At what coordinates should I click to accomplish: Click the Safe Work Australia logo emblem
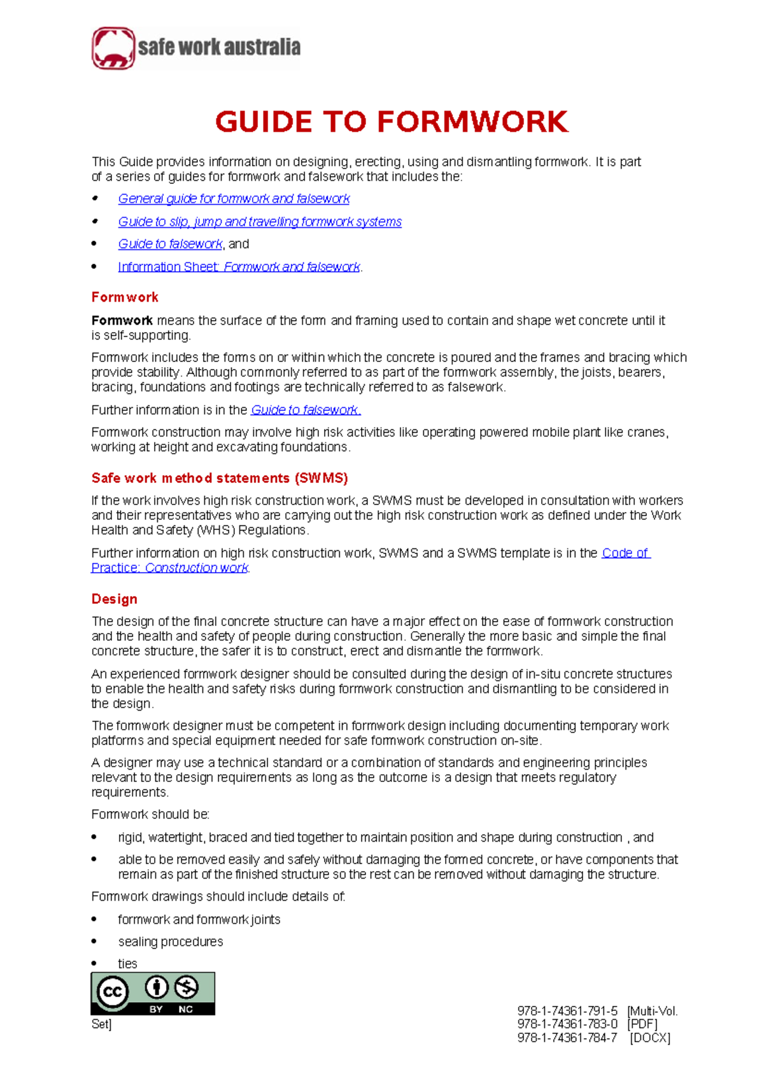click(113, 48)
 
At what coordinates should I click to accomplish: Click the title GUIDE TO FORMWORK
click(391, 122)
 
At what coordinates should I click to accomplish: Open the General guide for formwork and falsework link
click(234, 198)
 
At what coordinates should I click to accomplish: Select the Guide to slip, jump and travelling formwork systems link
click(260, 221)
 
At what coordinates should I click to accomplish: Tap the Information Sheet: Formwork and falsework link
click(239, 267)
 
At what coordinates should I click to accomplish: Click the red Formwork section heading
click(125, 297)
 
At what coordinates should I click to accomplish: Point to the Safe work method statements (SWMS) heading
click(220, 478)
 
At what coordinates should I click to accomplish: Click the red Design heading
click(115, 599)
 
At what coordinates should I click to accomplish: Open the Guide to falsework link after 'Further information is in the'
click(306, 410)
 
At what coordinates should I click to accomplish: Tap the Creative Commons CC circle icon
click(113, 992)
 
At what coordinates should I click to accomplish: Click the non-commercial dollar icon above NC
click(187, 987)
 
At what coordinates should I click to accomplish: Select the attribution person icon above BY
click(157, 987)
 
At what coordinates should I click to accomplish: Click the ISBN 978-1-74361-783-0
click(567, 1024)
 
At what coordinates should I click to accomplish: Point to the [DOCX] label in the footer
click(650, 1038)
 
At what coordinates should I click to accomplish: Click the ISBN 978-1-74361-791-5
click(567, 1010)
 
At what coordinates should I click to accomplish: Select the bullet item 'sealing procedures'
click(171, 942)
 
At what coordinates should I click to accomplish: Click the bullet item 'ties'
click(127, 964)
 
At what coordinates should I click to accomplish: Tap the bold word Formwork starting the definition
click(122, 321)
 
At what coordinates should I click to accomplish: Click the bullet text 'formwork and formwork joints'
click(199, 919)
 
